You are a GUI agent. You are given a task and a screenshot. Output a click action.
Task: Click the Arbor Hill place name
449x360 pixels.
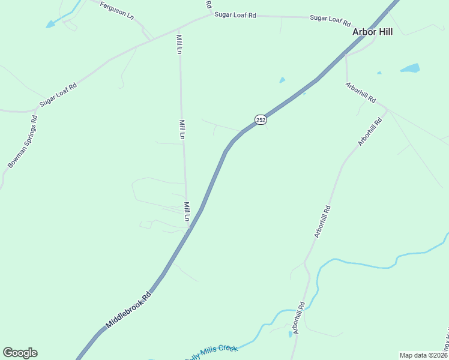(x=372, y=32)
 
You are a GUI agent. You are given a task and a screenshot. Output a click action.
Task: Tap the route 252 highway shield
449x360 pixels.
(x=260, y=119)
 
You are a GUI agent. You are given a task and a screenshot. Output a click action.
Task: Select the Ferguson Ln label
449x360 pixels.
(x=116, y=10)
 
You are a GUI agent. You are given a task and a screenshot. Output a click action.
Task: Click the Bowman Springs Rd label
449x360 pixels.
(x=23, y=142)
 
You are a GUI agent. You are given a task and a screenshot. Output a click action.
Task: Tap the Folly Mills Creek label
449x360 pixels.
(x=211, y=353)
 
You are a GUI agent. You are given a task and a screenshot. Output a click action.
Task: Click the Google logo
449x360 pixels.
(x=20, y=353)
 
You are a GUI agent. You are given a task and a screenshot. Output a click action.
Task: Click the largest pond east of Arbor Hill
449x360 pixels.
(x=410, y=68)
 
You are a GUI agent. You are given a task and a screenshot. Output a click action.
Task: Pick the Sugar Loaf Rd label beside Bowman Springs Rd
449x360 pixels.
(x=58, y=95)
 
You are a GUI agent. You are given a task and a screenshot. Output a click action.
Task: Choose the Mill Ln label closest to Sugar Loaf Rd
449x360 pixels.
(x=179, y=44)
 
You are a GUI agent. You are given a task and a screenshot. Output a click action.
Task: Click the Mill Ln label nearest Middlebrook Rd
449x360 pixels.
(x=187, y=211)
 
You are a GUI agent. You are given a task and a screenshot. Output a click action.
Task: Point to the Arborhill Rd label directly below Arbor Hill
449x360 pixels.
(x=361, y=91)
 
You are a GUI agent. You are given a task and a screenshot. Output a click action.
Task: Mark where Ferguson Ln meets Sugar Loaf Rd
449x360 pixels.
(x=152, y=40)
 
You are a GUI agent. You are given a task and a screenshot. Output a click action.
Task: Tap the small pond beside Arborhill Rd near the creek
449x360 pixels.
(x=290, y=334)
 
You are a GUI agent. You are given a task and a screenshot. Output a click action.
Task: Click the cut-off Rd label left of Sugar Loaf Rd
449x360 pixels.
(x=208, y=4)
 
